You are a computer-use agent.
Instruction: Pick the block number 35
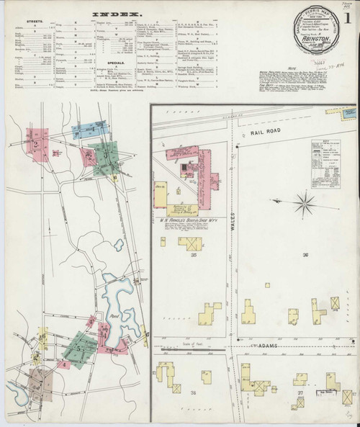(x=193, y=255)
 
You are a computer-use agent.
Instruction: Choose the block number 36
(x=305, y=256)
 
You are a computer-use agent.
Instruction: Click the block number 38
(x=193, y=392)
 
